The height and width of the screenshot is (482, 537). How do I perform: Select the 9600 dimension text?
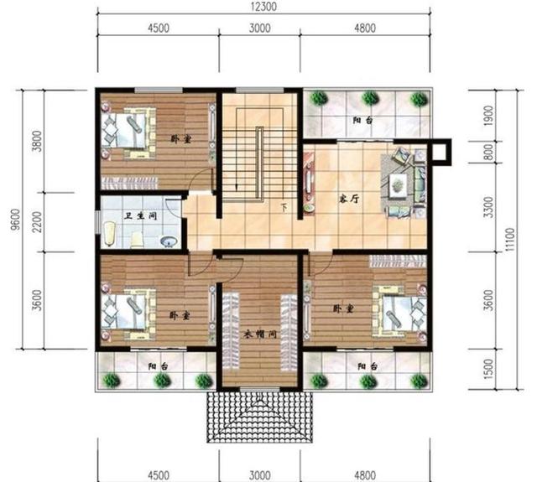tap(15, 217)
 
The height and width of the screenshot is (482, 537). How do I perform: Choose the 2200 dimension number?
tap(36, 223)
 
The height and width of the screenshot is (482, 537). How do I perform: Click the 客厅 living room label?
tap(349, 200)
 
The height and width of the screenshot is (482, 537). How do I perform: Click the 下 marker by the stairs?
tap(284, 206)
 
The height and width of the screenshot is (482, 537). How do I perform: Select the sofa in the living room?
tap(405, 184)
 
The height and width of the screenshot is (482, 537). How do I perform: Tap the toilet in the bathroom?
tap(138, 240)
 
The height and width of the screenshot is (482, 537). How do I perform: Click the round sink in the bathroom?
tap(168, 243)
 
